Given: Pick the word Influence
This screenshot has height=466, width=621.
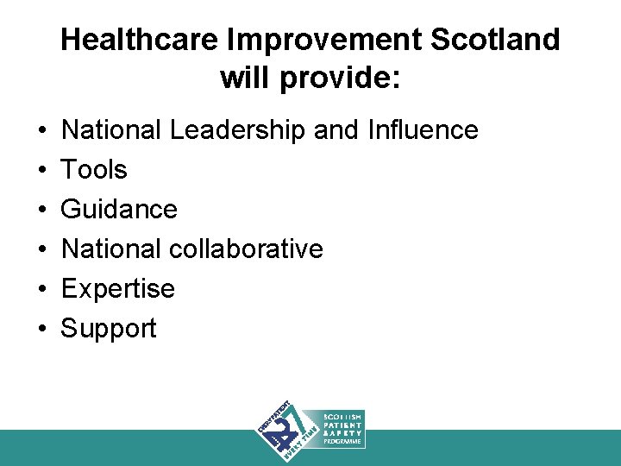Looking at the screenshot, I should (x=422, y=130).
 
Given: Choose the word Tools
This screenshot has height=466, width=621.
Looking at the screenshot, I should (x=94, y=170).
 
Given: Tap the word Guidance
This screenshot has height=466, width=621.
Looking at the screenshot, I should (x=119, y=210).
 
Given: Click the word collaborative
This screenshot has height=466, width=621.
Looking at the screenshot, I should (x=247, y=249).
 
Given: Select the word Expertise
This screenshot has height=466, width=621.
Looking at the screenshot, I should (x=118, y=289).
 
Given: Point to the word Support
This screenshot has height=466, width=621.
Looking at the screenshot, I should (x=109, y=329).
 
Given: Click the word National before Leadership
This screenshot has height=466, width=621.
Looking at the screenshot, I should (x=111, y=130).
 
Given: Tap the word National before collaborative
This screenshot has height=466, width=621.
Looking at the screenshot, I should (x=111, y=249).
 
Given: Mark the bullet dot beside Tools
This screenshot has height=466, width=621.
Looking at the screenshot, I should (x=42, y=170).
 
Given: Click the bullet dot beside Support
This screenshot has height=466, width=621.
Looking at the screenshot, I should (x=42, y=329).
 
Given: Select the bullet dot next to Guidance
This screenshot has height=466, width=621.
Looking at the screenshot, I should (x=42, y=210).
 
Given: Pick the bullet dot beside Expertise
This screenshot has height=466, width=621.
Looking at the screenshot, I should (x=42, y=289).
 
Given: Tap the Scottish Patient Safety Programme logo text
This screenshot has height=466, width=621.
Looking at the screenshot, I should (x=342, y=429).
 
